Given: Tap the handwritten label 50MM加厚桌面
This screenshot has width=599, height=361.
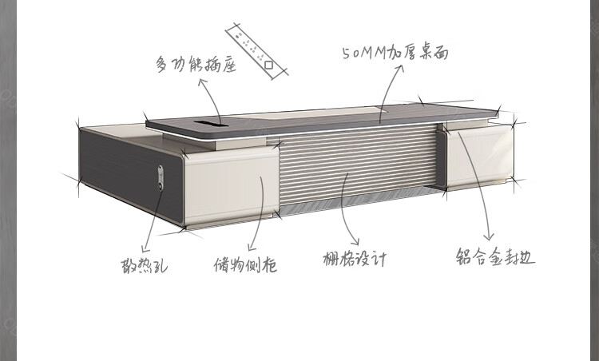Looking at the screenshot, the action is tap(395, 54).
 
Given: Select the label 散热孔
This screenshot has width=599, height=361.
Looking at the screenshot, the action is tap(140, 263).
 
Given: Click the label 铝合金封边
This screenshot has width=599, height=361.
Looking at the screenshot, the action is tap(495, 257).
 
